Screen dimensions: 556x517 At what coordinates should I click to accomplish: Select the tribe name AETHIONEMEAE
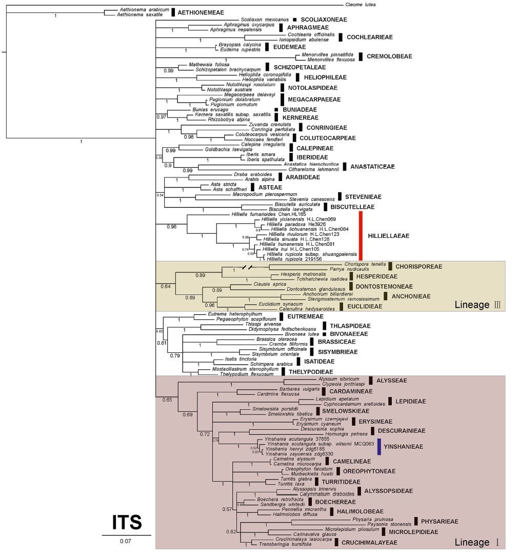click(201, 12)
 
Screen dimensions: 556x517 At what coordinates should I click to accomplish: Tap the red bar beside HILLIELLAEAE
click(361, 236)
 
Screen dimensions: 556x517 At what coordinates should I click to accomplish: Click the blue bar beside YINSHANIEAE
click(378, 447)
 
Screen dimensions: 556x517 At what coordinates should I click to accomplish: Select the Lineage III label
click(478, 305)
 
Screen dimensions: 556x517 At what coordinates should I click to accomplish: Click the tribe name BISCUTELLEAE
click(353, 207)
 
